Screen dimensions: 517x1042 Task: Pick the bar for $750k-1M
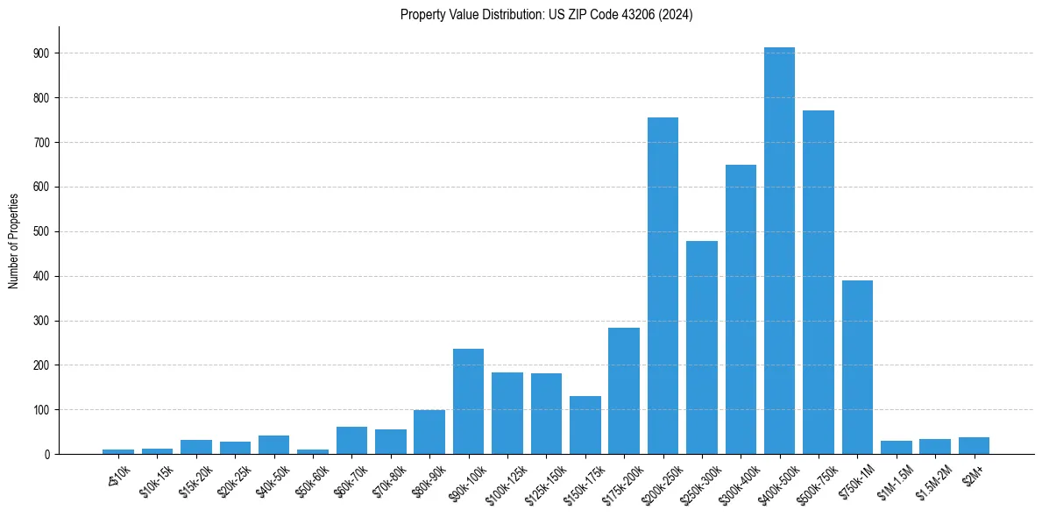pos(857,367)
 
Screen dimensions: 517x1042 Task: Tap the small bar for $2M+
pos(974,445)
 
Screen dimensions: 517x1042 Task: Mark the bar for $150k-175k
pos(585,425)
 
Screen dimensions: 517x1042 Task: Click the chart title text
pos(546,15)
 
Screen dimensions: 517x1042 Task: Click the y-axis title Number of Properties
pos(13,240)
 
